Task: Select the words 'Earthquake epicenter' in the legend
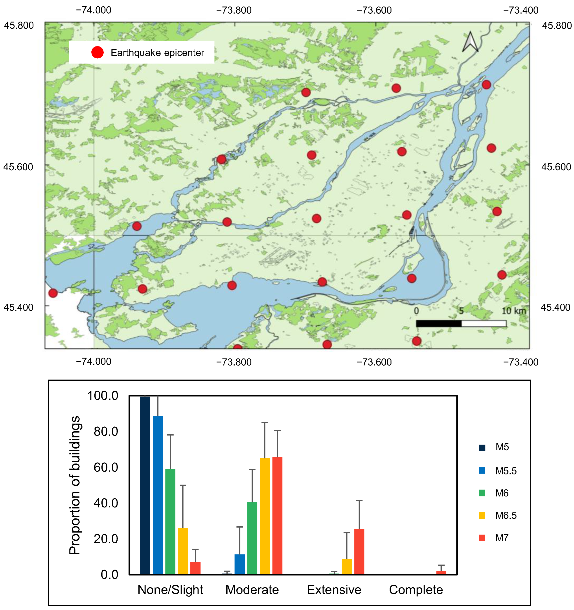[157, 53]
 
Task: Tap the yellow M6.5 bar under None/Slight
[183, 551]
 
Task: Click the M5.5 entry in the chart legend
[506, 471]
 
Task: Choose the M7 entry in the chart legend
[502, 538]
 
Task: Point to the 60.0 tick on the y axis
[106, 467]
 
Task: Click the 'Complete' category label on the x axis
[416, 590]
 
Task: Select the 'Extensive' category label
[334, 590]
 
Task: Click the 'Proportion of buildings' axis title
[75, 485]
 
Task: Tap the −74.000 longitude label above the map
[94, 10]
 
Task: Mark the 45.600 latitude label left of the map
[18, 167]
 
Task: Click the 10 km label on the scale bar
[513, 311]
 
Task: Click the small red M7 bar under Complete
[441, 572]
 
